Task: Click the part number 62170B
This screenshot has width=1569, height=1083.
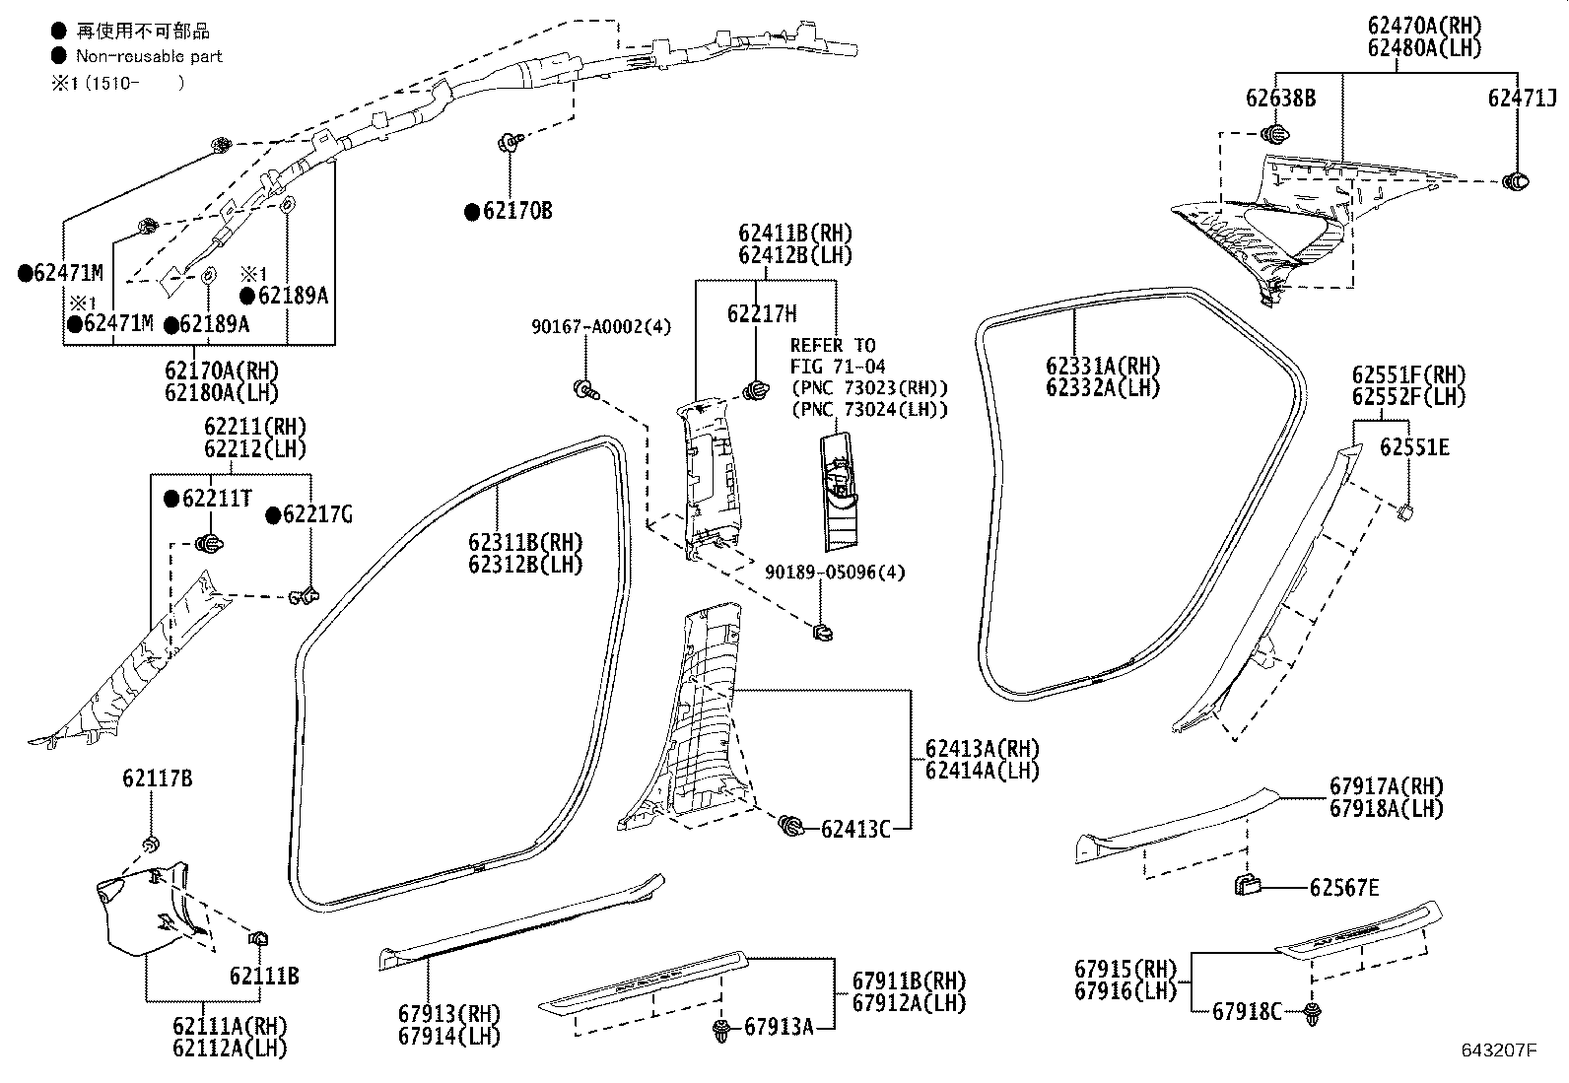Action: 517,211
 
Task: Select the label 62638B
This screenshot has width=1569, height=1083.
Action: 1280,99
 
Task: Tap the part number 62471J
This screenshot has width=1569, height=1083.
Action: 1522,99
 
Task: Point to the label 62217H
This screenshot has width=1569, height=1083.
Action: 762,313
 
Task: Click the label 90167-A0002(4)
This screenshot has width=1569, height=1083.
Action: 601,326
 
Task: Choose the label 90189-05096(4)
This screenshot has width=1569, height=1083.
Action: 835,573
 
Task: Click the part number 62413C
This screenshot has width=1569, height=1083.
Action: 855,830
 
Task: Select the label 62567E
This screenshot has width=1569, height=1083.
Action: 1344,888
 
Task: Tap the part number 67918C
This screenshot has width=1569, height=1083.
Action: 1247,1011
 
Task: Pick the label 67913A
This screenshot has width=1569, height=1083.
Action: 779,1027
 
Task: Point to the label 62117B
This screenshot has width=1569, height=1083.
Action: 157,778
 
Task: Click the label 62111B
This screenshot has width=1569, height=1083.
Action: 264,976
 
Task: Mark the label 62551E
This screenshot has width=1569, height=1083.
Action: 1414,447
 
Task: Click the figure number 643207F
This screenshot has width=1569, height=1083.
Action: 1499,1050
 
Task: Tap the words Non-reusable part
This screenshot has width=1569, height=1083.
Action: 149,56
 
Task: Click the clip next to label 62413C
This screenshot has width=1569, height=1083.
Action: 790,826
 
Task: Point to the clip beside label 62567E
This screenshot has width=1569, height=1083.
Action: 1247,886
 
